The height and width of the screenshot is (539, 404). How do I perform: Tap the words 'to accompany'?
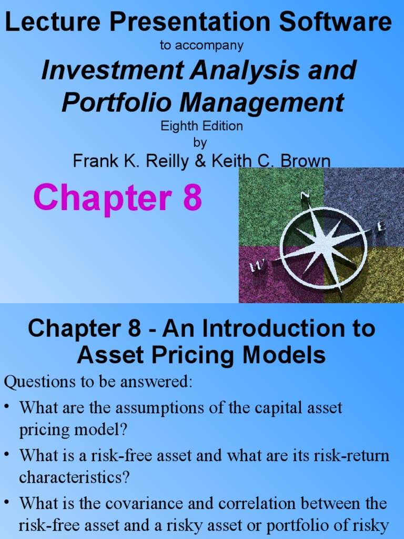(x=201, y=46)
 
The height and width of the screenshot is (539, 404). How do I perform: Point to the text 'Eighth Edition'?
(x=201, y=126)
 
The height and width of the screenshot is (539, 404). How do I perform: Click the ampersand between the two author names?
(x=199, y=161)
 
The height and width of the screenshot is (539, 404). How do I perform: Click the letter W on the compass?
(x=256, y=268)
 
